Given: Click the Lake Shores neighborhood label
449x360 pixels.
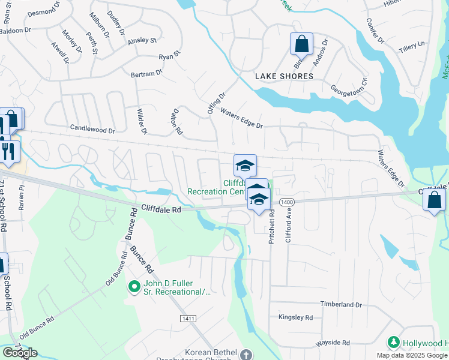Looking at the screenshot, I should point(284,76).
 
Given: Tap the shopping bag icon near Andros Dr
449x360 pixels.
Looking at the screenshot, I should point(301,44).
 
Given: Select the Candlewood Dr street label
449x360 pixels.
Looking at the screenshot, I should point(92,129).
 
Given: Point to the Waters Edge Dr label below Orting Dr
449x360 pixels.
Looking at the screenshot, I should point(241,119).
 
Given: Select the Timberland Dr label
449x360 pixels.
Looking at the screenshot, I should point(341,305).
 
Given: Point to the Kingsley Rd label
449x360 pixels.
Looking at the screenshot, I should point(295,317).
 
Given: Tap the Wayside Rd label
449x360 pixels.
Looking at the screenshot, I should point(333,343).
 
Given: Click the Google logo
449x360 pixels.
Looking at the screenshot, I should point(19,353).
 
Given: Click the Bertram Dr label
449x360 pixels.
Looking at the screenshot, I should point(146,73).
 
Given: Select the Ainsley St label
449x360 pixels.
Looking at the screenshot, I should point(142,41).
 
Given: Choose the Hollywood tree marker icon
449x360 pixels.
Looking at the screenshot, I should point(394,342).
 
